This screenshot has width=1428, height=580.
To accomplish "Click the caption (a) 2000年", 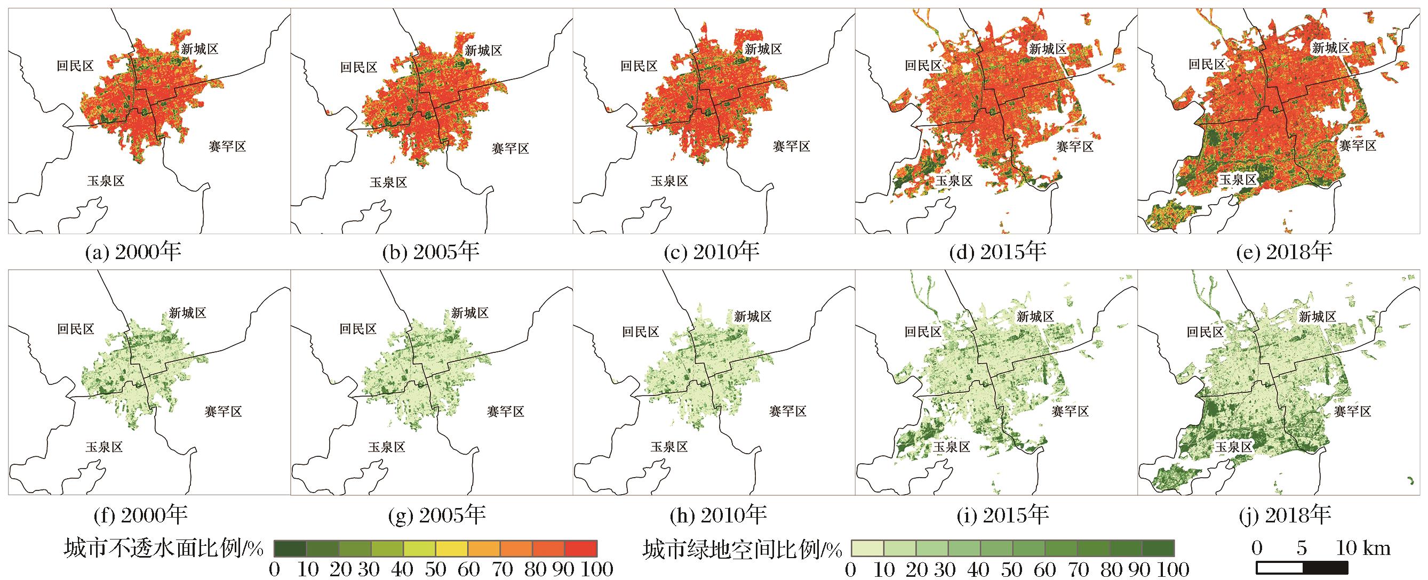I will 133,253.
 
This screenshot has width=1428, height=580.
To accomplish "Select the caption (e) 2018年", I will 1283,253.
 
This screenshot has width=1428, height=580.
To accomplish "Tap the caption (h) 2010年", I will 718,515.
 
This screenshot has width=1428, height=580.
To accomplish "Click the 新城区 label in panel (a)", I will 200,49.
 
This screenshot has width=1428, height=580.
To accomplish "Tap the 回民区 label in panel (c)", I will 639,67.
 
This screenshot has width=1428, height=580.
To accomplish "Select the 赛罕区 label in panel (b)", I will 510,148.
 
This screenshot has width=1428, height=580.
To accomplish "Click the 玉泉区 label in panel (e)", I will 1236,179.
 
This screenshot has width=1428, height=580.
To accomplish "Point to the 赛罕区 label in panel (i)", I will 1070,412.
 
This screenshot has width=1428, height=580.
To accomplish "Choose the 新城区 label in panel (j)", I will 1317,317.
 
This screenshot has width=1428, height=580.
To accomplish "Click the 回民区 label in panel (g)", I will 358,330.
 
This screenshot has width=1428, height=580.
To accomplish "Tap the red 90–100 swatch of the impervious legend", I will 581,548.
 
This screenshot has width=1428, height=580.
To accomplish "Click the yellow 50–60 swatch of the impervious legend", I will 452,548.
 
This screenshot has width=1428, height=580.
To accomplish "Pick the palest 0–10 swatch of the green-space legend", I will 867,548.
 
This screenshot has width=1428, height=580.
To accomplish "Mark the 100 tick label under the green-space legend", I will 1173,569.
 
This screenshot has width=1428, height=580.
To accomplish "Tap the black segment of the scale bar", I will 1326,568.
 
